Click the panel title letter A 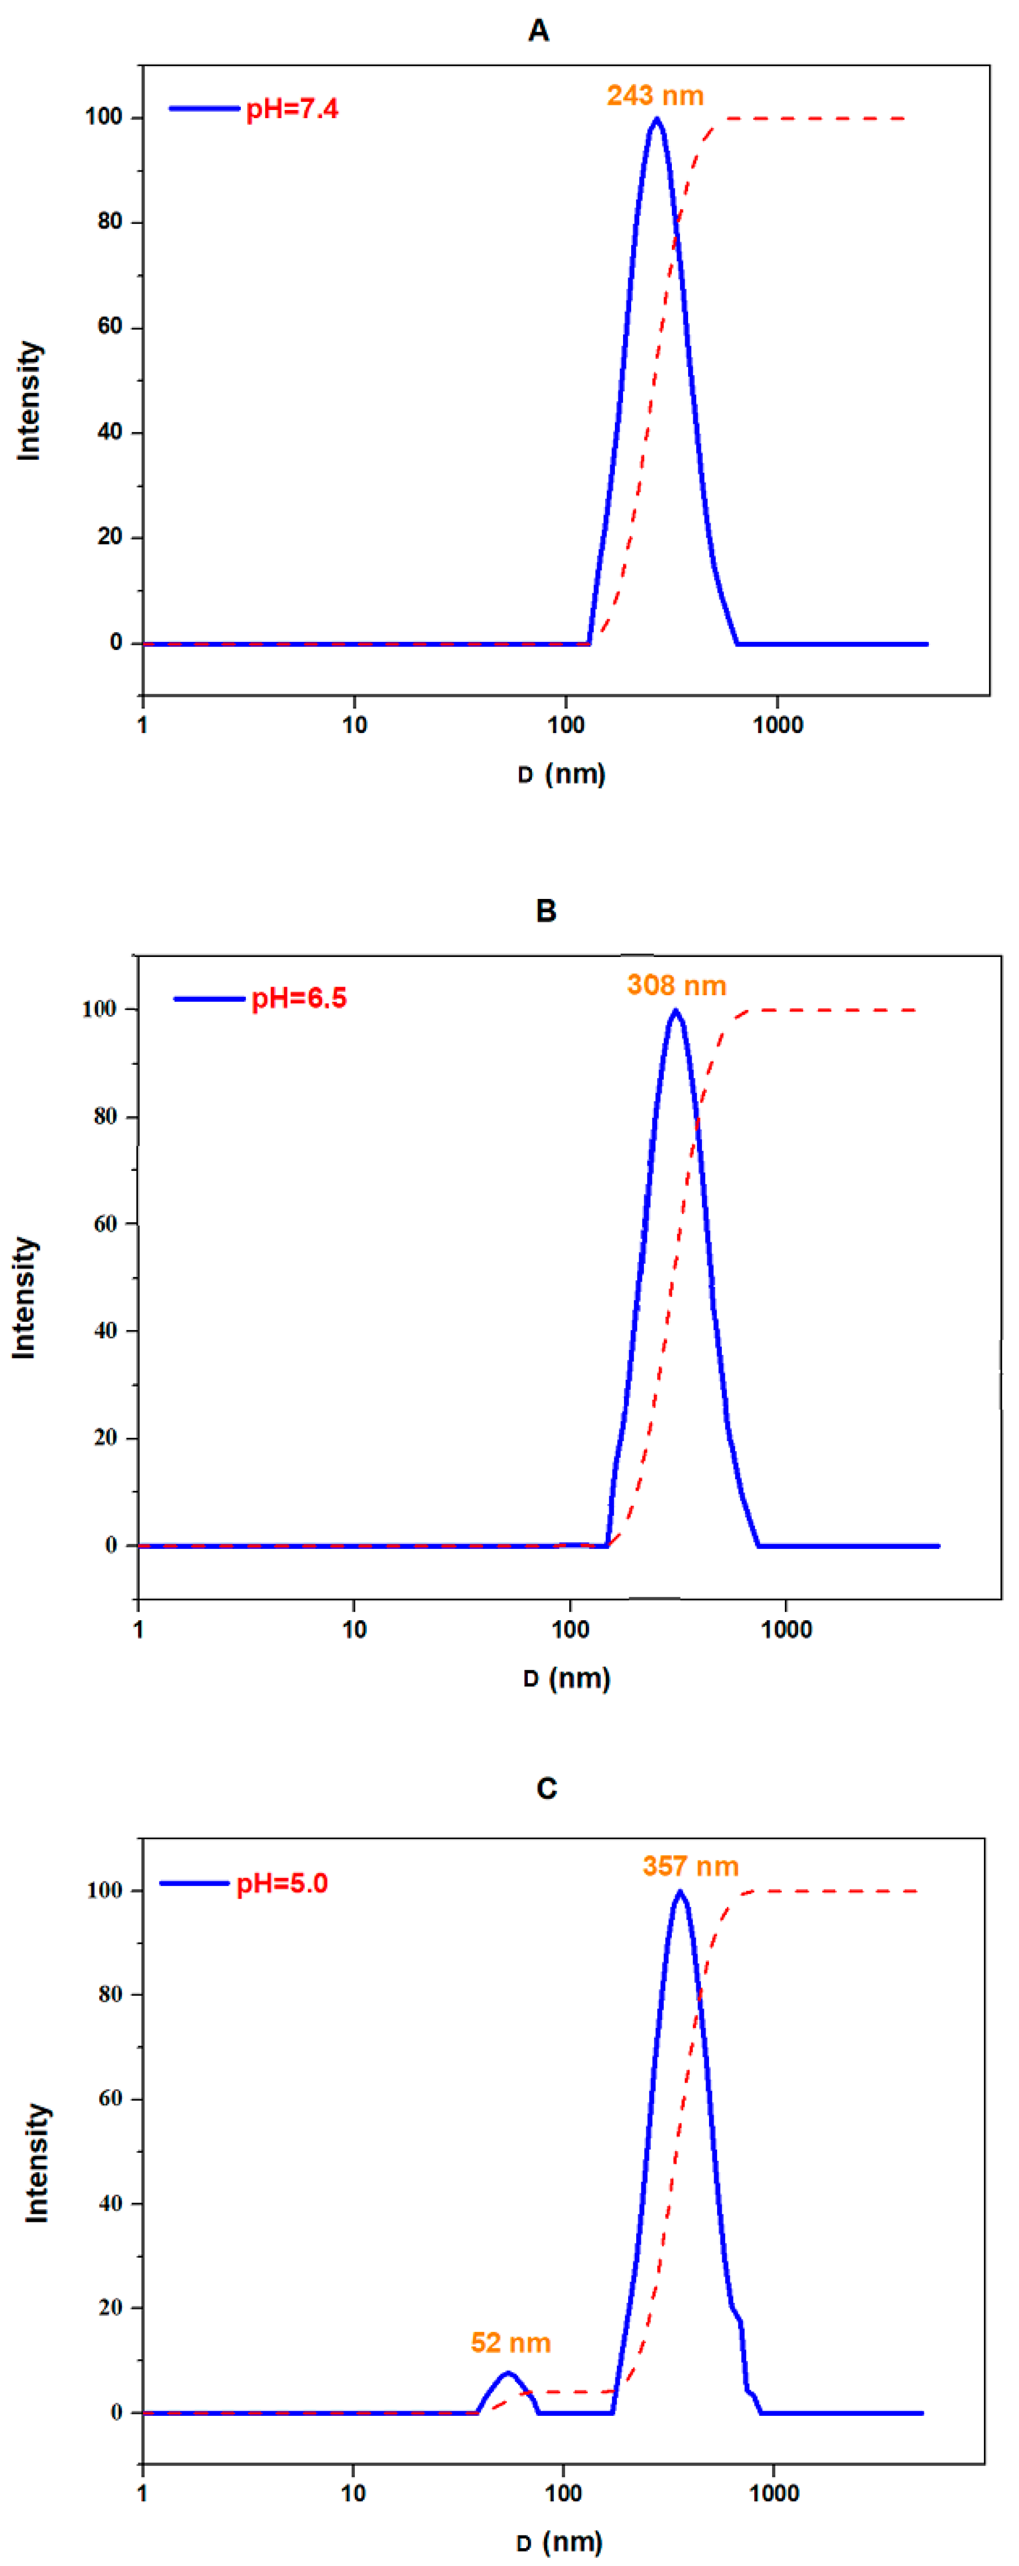(x=538, y=31)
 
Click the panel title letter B (x=546, y=911)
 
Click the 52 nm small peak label (x=510, y=2343)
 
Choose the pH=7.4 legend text (x=292, y=108)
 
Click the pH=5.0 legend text (x=282, y=1884)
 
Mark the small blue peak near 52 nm (x=508, y=2374)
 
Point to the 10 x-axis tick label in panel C (x=353, y=2493)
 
